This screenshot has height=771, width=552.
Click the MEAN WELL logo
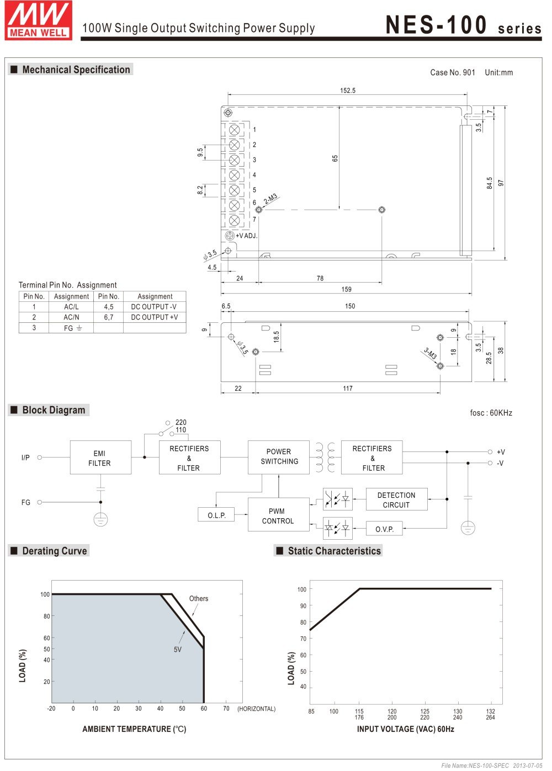click(x=39, y=20)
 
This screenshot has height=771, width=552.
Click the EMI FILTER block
click(x=100, y=458)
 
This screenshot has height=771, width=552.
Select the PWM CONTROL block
click(x=278, y=515)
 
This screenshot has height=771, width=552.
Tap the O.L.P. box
click(x=216, y=515)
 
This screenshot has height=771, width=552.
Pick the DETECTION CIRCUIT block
click(x=396, y=499)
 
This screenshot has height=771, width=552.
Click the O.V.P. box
click(x=384, y=529)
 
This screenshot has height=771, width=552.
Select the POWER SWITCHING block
click(x=279, y=456)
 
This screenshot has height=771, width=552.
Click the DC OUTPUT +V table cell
click(x=155, y=317)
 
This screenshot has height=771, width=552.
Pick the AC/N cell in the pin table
click(x=71, y=317)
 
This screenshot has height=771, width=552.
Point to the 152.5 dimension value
click(x=348, y=91)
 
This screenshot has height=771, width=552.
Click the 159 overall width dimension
click(x=346, y=289)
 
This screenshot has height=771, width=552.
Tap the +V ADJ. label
click(x=246, y=236)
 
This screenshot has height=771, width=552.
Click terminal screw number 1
click(x=234, y=130)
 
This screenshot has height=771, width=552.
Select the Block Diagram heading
click(x=54, y=410)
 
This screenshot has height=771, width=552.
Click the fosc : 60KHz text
click(x=491, y=413)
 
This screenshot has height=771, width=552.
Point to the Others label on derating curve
click(x=199, y=598)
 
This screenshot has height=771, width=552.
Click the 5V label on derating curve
click(x=178, y=650)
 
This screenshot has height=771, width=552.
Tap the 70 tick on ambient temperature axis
click(x=226, y=708)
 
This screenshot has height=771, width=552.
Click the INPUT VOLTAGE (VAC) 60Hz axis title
click(x=405, y=729)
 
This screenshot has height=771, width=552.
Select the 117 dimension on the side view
click(x=347, y=389)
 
